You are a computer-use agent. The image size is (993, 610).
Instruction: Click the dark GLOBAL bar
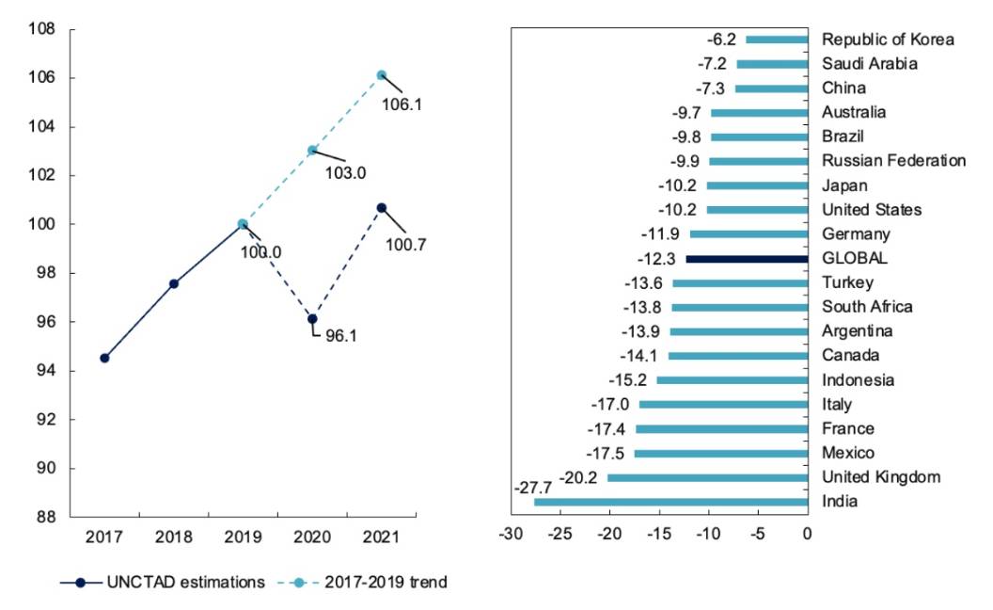tap(747, 258)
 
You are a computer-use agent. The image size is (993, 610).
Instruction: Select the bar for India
tap(670, 502)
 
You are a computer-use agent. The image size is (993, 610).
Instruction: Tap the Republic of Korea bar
tap(777, 40)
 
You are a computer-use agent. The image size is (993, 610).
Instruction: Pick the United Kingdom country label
tap(881, 477)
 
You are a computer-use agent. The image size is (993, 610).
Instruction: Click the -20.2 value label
tap(578, 477)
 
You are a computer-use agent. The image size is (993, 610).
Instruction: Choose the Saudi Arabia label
tap(870, 64)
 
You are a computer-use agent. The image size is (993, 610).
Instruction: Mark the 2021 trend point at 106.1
tap(381, 75)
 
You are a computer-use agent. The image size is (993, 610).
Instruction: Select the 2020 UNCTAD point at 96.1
tap(312, 319)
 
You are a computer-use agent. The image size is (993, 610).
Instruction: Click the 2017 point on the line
tap(104, 358)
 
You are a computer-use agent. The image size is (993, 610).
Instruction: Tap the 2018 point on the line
tap(174, 283)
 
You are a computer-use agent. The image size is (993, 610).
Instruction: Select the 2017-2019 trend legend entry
tap(363, 583)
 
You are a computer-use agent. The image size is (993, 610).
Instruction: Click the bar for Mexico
tap(721, 453)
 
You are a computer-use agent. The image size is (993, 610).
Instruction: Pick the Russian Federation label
tap(893, 161)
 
